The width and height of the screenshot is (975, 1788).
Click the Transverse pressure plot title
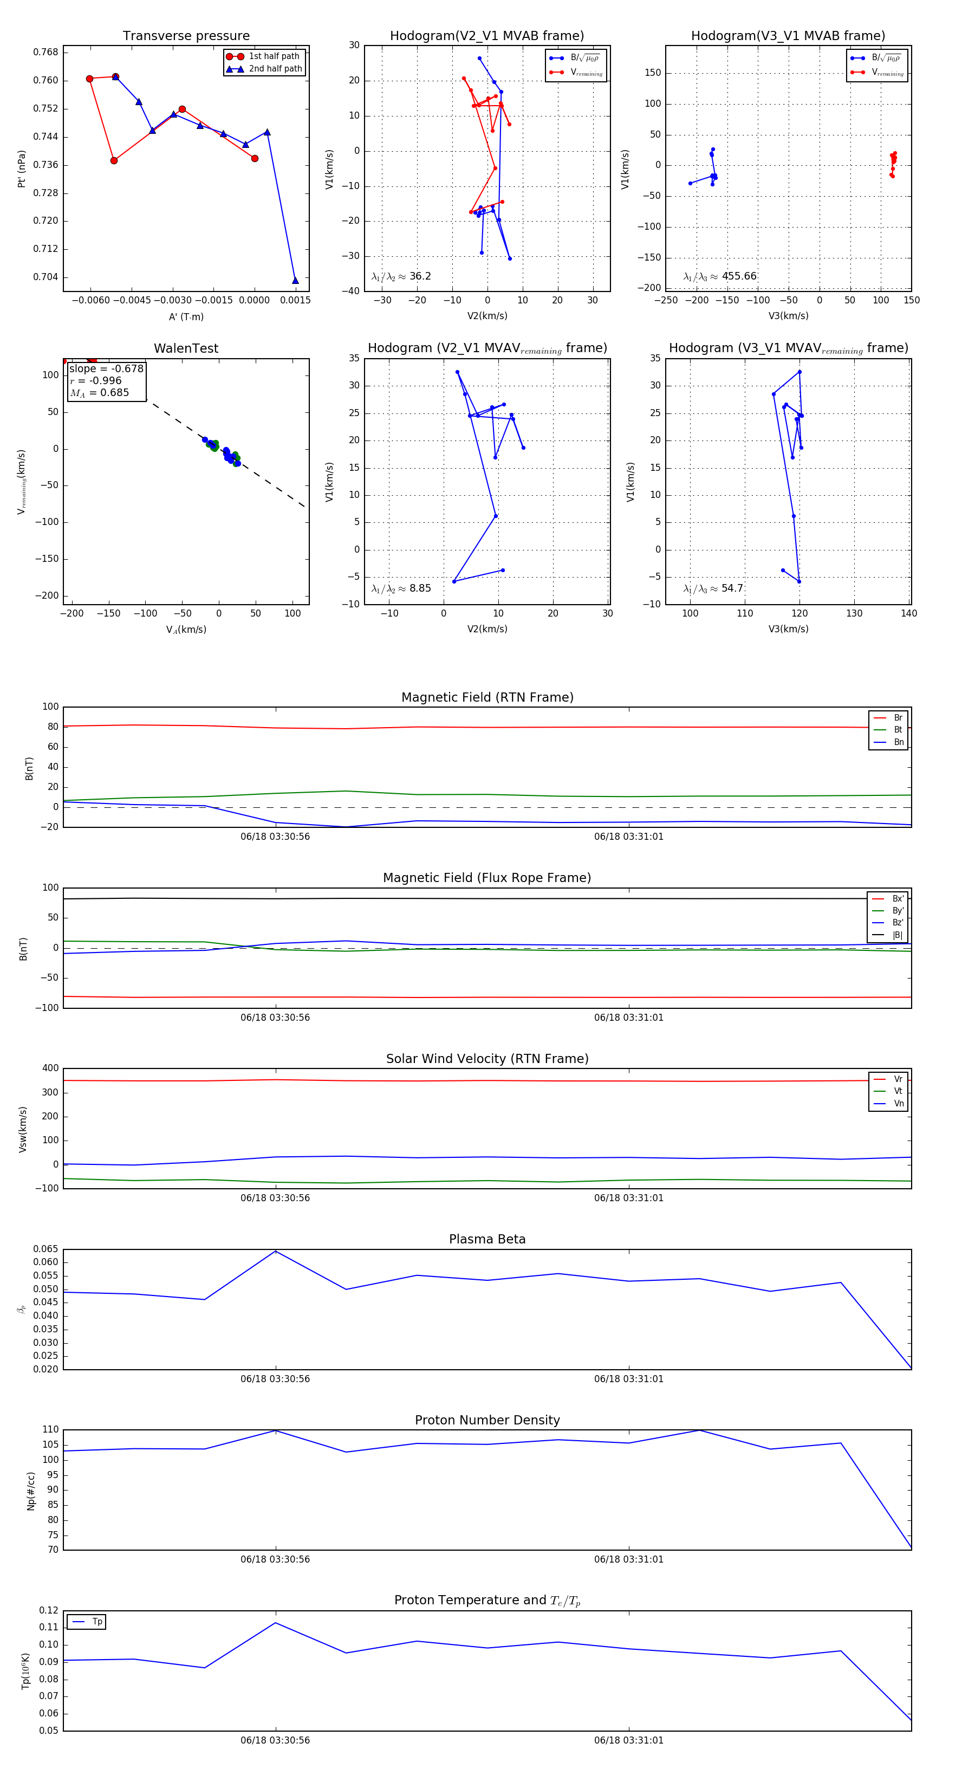(x=186, y=36)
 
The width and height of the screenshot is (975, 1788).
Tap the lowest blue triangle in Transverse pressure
(x=295, y=281)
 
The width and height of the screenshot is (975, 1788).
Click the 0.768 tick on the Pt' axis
(x=46, y=52)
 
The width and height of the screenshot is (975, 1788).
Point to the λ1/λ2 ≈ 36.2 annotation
(x=401, y=276)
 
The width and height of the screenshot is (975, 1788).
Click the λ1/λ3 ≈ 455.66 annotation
(x=720, y=276)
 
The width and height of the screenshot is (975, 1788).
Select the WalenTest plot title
(x=186, y=348)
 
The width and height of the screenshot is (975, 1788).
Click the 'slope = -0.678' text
(x=106, y=368)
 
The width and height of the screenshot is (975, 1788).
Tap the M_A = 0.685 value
(x=99, y=393)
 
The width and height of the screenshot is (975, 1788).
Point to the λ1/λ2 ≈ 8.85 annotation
(x=401, y=588)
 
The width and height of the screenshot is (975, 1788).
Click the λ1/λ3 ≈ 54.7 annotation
(x=713, y=588)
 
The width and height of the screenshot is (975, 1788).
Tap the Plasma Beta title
(x=487, y=1240)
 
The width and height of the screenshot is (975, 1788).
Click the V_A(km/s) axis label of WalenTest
(x=186, y=630)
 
